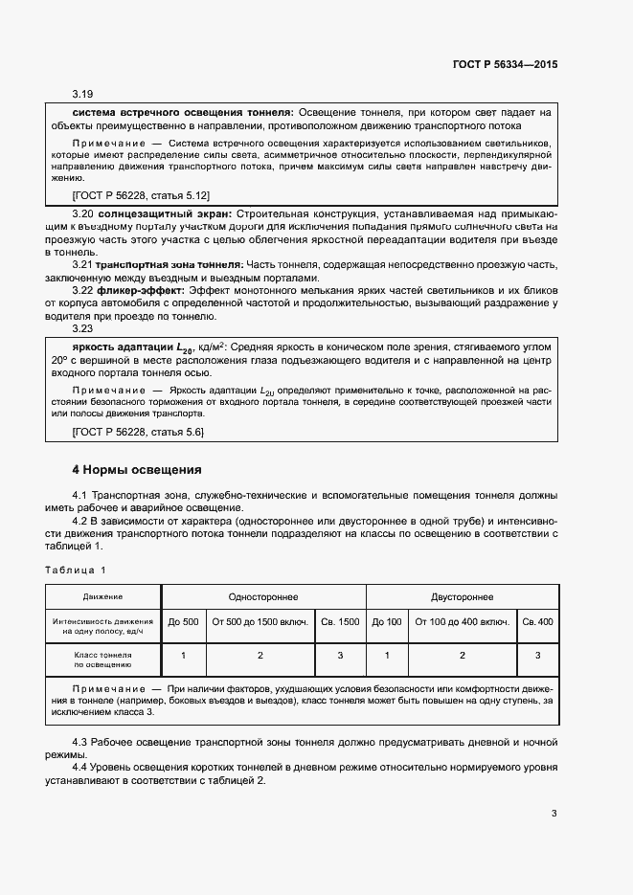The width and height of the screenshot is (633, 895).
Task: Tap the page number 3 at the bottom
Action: pyautogui.click(x=554, y=814)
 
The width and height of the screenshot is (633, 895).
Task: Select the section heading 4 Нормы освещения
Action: pyautogui.click(x=137, y=470)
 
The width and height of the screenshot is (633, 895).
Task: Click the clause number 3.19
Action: pyautogui.click(x=82, y=95)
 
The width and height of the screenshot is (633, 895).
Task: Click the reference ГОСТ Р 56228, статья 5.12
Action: pyautogui.click(x=138, y=194)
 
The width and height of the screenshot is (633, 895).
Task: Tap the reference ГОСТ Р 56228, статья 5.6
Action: pyautogui.click(x=138, y=433)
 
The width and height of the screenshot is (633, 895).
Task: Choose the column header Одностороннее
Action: pyautogui.click(x=262, y=596)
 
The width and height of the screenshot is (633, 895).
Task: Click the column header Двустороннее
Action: pyautogui.click(x=462, y=596)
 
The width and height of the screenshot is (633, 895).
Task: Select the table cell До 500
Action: pyautogui.click(x=183, y=622)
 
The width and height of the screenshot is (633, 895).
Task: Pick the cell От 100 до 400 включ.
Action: pyautogui.click(x=462, y=622)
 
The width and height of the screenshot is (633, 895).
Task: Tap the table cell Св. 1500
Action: pyautogui.click(x=340, y=622)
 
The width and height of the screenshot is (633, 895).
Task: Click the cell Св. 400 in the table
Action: pyautogui.click(x=537, y=622)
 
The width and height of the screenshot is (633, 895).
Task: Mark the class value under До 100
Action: pyautogui.click(x=387, y=656)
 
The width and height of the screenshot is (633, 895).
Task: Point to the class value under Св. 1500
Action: pyautogui.click(x=340, y=656)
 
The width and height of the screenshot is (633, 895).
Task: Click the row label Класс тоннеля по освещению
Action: pyautogui.click(x=102, y=657)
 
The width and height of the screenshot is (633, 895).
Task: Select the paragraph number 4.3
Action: pyautogui.click(x=82, y=743)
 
